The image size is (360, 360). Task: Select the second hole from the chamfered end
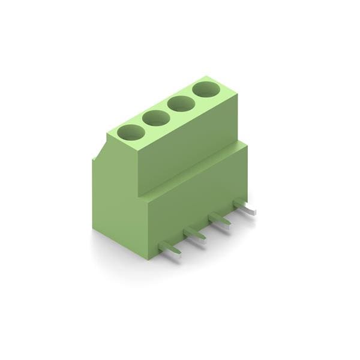[x=155, y=118]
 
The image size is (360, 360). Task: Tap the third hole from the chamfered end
[x=181, y=104]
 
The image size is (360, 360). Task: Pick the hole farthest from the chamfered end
[x=206, y=91]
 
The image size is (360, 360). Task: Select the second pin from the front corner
[x=195, y=233]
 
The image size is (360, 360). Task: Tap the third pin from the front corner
[x=220, y=219]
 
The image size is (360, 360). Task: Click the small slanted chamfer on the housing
[x=100, y=150]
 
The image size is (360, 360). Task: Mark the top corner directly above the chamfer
[x=108, y=134]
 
